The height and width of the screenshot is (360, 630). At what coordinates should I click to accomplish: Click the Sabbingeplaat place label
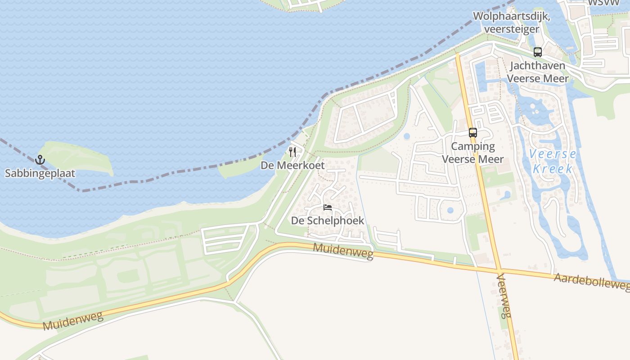tap(40, 173)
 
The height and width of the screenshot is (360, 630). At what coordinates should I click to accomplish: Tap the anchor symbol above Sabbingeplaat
tap(40, 160)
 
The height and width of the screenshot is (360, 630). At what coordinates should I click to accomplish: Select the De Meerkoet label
tap(292, 165)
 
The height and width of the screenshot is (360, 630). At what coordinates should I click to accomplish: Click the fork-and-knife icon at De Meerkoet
tap(292, 152)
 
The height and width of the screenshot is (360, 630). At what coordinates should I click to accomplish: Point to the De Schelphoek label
tap(328, 220)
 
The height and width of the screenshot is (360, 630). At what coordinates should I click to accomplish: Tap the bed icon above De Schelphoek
tap(328, 207)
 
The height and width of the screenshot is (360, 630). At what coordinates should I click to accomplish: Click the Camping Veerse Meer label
tap(472, 153)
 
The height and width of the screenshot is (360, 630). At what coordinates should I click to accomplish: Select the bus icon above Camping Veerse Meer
tap(472, 133)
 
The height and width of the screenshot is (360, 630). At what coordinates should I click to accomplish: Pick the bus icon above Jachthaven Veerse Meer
tap(537, 52)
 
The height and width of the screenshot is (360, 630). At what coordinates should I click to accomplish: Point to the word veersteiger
tap(512, 29)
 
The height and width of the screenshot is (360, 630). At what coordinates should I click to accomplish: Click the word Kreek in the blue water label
tap(553, 169)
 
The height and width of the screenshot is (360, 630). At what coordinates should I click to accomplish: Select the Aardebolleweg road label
tap(591, 282)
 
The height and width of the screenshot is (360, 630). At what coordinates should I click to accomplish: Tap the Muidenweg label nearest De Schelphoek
tap(343, 251)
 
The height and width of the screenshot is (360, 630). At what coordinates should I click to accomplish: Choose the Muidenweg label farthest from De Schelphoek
tap(73, 320)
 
